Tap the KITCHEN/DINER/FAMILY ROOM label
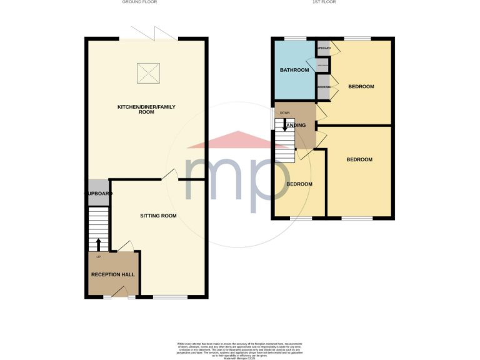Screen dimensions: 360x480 pyautogui.click(x=147, y=109)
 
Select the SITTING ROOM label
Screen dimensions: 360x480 pyautogui.click(x=158, y=216)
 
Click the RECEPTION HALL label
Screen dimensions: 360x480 pyautogui.click(x=113, y=274)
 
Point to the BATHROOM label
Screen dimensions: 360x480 pyautogui.click(x=294, y=70)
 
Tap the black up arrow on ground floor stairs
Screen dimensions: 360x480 pyautogui.click(x=97, y=243)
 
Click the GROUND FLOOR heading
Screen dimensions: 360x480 pyautogui.click(x=139, y=2)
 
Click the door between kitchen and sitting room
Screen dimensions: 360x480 pyautogui.click(x=169, y=176)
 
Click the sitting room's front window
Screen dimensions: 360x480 pyautogui.click(x=170, y=296)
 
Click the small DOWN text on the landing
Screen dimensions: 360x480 pyautogui.click(x=285, y=113)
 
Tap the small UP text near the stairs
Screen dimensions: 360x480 pyautogui.click(x=98, y=257)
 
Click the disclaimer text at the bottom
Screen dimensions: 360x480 pyautogui.click(x=239, y=348)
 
